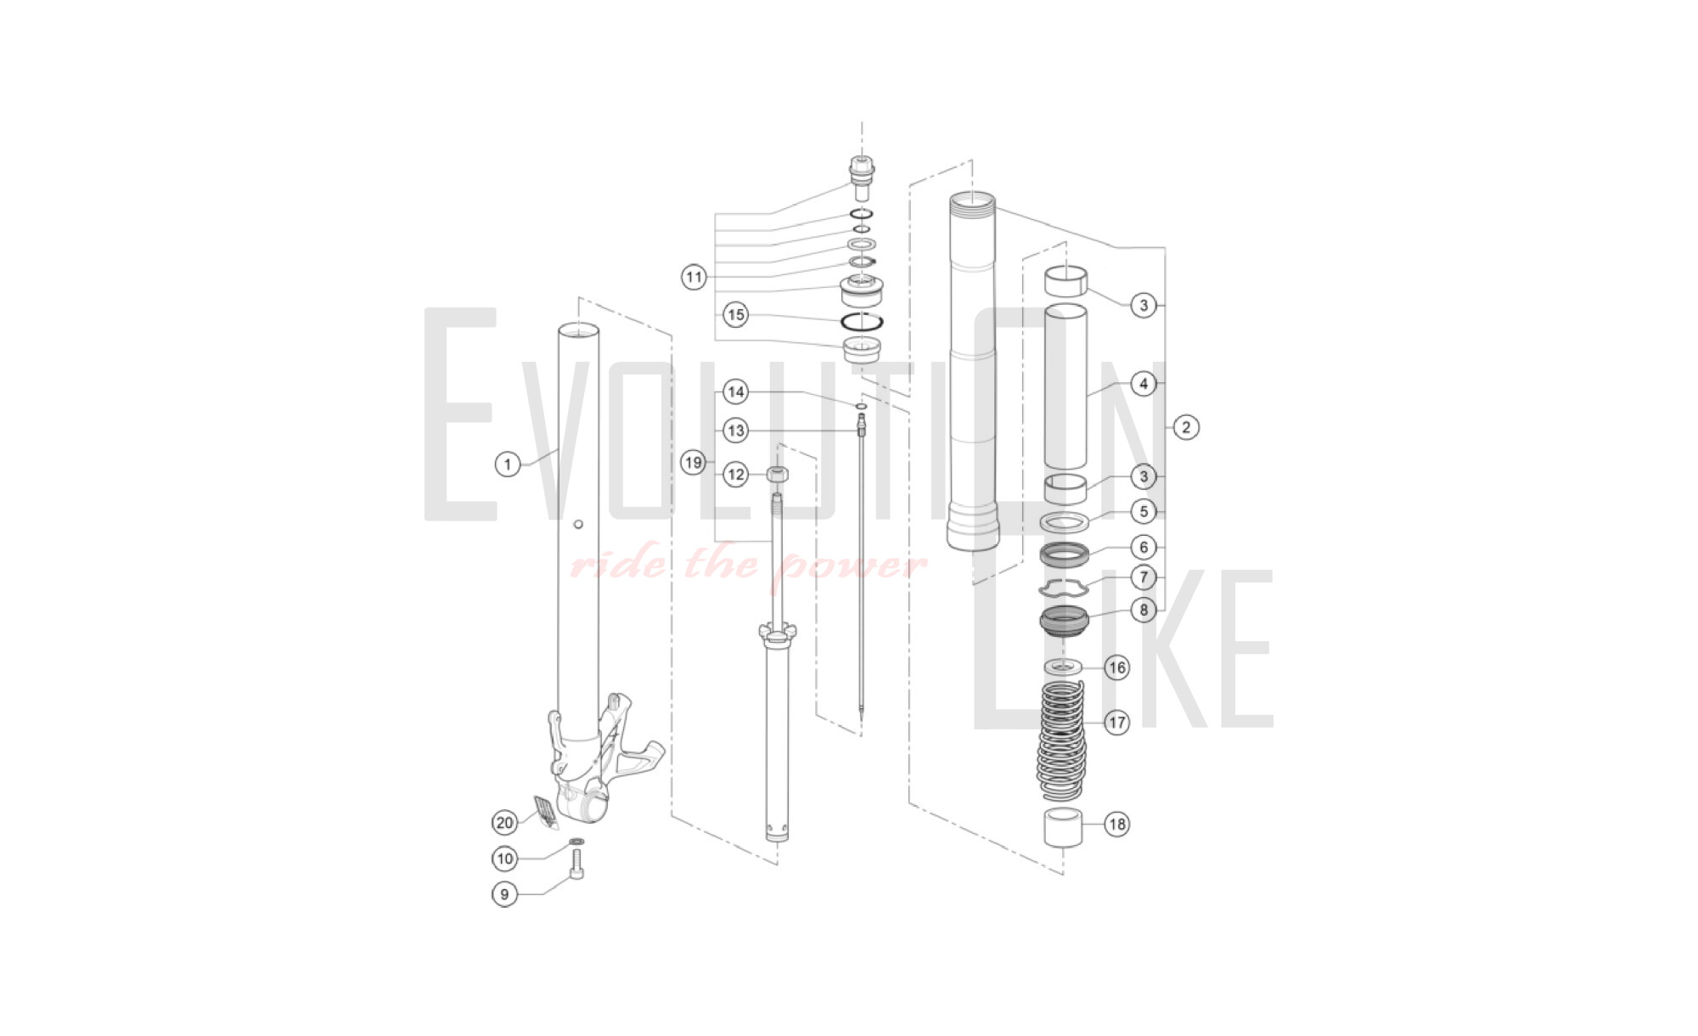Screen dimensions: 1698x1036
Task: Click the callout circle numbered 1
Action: click(508, 465)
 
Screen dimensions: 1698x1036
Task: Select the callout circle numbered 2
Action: click(1186, 427)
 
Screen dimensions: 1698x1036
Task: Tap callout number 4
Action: click(1144, 384)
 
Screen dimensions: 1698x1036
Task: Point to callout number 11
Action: click(694, 277)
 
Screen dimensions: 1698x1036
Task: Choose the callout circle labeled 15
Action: click(736, 315)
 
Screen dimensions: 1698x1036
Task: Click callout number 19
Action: click(694, 463)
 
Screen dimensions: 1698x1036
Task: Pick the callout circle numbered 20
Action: click(505, 822)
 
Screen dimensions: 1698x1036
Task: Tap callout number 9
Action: click(505, 894)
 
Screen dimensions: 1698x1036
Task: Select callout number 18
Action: click(1117, 824)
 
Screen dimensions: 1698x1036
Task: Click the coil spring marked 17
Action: click(1062, 739)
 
